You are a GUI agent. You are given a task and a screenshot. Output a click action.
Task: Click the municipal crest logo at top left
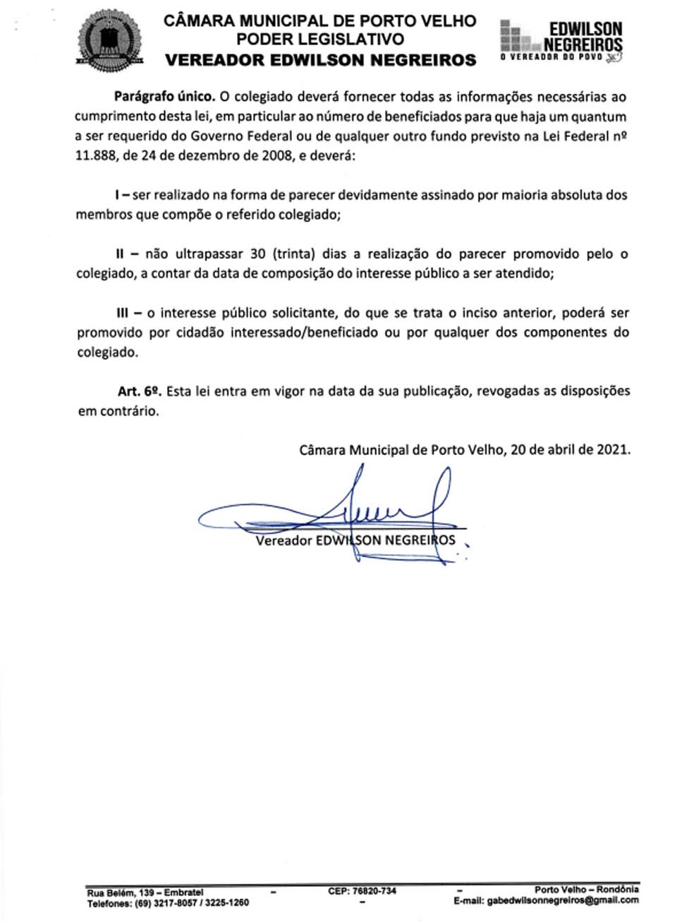110,41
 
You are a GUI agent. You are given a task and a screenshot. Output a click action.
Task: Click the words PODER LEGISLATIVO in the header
320,40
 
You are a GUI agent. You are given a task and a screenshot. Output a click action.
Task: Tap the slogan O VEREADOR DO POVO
551,57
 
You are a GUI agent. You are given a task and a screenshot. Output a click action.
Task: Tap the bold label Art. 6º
140,391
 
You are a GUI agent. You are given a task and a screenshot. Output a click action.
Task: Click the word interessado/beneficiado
304,332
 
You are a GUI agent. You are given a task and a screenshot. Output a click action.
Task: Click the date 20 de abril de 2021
570,449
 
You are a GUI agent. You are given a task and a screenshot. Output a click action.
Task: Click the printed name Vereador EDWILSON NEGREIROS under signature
355,541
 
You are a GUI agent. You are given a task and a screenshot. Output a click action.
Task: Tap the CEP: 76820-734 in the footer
362,891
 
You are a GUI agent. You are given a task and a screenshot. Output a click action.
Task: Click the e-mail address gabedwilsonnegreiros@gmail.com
563,900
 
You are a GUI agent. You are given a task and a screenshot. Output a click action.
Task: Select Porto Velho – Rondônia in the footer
586,890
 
